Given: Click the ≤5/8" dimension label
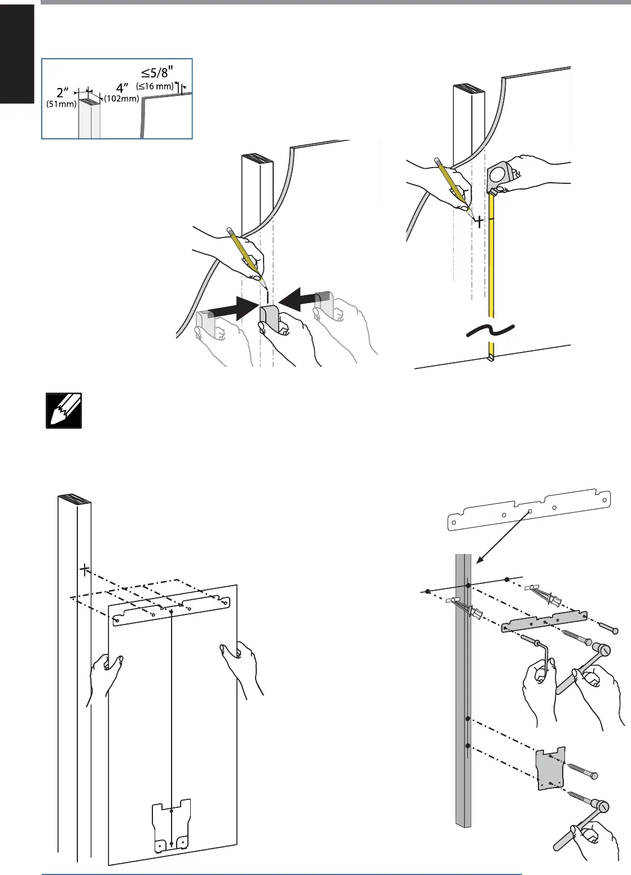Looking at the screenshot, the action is [157, 73].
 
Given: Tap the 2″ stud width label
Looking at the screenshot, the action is [63, 93].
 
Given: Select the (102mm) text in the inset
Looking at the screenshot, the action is [121, 98].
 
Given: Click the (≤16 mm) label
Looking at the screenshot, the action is [155, 86].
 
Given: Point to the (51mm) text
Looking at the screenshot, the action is [62, 104].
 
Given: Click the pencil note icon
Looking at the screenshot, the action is [64, 411].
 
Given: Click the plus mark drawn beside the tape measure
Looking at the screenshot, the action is [479, 222].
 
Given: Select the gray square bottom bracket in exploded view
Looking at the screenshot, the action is [550, 769].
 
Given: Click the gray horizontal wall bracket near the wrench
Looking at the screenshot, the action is [544, 622].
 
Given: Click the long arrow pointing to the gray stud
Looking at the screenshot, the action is [502, 537].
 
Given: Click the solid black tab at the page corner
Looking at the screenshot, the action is [17, 54].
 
